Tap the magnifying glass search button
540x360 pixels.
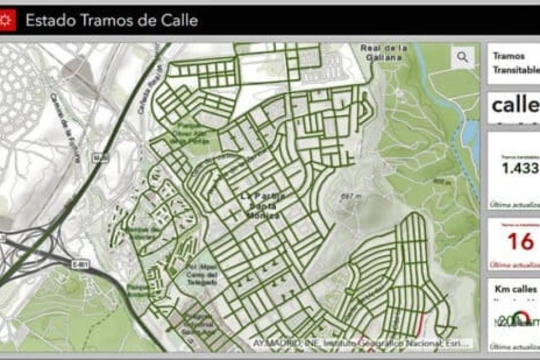tap(462, 57)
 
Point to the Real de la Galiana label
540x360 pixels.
tap(385, 53)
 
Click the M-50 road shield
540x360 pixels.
tap(100, 157)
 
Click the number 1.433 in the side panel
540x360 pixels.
tap(520, 169)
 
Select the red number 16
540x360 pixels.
tap(520, 241)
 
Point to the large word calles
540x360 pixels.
tap(515, 106)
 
